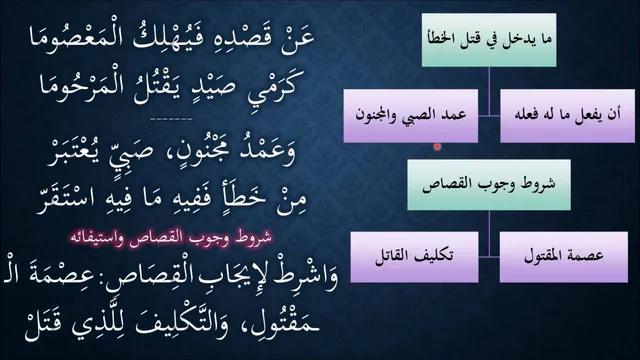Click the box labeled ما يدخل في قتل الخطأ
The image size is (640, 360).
click(489, 40)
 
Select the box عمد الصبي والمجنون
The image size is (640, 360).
click(411, 116)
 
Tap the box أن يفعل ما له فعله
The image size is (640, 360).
click(567, 116)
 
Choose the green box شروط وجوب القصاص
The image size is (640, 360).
click(489, 185)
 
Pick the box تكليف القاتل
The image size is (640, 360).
click(414, 257)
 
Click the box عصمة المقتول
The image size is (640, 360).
click(564, 257)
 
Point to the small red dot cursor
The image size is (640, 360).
click(437, 146)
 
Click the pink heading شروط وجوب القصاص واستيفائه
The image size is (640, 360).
click(170, 238)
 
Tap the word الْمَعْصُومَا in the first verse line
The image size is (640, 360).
click(68, 38)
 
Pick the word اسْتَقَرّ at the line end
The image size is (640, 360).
click(65, 199)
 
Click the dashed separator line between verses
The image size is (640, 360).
click(171, 119)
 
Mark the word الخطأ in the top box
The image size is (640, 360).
click(441, 39)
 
